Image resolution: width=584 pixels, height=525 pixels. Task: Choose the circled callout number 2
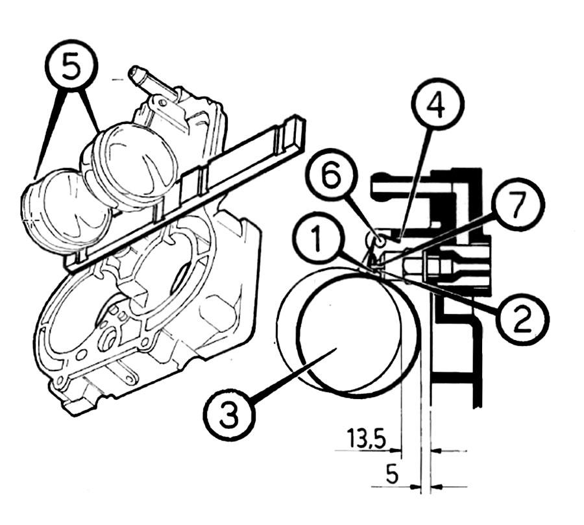click(521, 317)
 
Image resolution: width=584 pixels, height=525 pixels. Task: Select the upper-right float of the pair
click(133, 165)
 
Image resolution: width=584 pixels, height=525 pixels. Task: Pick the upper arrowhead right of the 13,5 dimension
click(438, 448)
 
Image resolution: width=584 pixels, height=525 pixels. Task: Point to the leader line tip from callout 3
click(334, 349)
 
